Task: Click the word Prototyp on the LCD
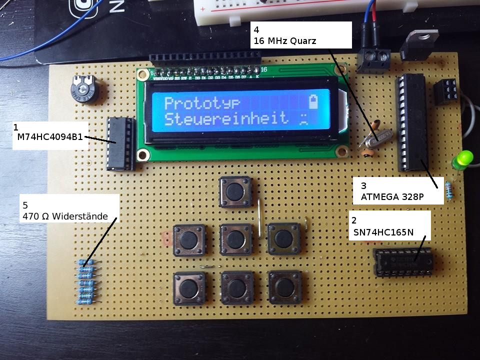(x=202, y=103)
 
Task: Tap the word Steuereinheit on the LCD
(x=226, y=119)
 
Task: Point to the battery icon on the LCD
(x=313, y=101)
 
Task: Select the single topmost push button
(x=234, y=191)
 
